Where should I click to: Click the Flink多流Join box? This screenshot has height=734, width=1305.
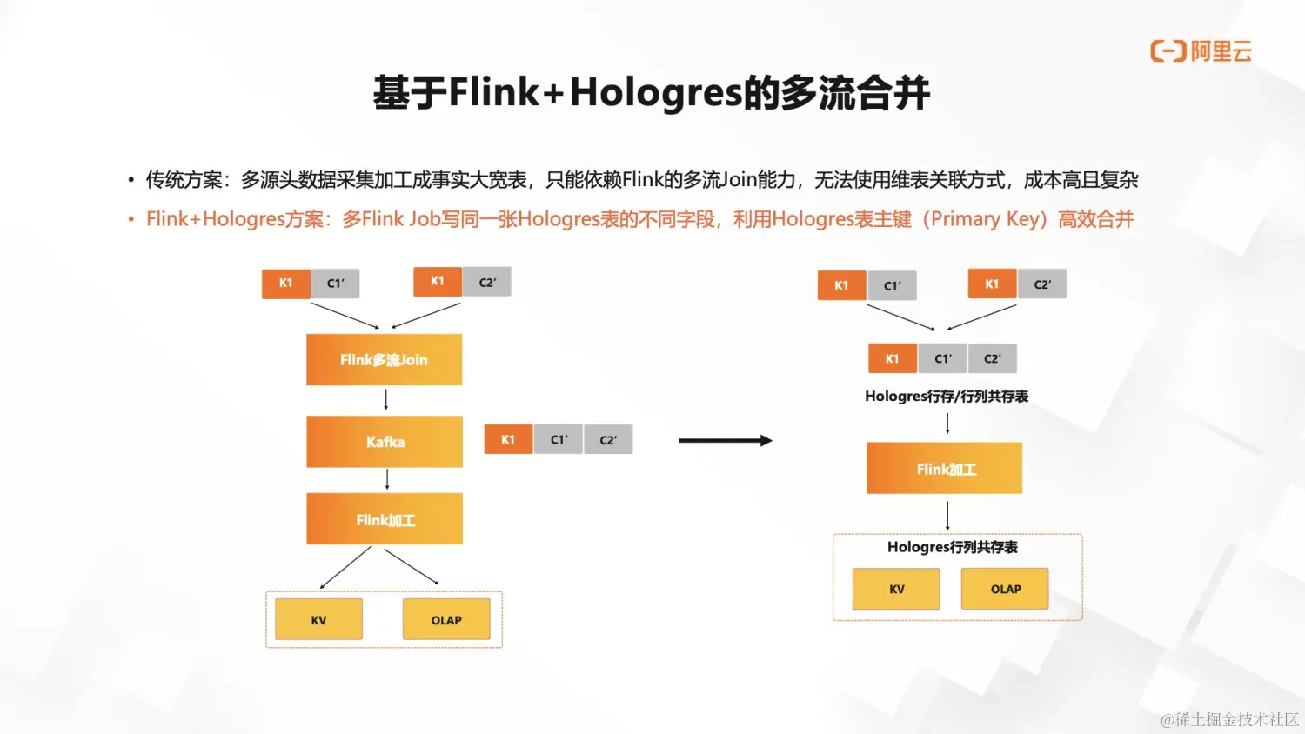(x=384, y=359)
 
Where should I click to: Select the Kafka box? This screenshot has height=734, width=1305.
(x=384, y=442)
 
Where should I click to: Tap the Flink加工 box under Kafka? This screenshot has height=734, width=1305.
(x=384, y=519)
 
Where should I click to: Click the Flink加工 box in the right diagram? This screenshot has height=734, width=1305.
(x=944, y=469)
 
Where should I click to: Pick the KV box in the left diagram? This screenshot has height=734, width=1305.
(x=318, y=620)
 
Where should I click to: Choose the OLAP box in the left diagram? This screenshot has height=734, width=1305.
(x=446, y=620)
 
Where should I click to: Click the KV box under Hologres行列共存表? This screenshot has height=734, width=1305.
(x=896, y=589)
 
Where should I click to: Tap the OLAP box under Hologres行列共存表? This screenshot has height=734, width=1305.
(x=1005, y=589)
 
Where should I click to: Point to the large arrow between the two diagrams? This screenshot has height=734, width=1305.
(x=725, y=441)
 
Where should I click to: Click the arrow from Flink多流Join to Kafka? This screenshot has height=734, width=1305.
(x=386, y=400)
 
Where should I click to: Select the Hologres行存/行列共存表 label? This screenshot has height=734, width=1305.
(x=947, y=397)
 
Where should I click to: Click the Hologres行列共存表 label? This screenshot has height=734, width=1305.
(x=952, y=547)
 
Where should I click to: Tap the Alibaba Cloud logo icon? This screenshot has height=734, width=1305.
(x=1168, y=51)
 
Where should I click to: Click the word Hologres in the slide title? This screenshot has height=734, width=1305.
(x=656, y=93)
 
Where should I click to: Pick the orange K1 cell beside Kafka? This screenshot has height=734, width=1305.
(x=508, y=440)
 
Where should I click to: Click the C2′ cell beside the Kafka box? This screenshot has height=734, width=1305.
(x=608, y=440)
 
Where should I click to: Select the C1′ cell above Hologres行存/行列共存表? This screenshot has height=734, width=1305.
(x=943, y=358)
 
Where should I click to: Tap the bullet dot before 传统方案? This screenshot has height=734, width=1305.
(x=130, y=181)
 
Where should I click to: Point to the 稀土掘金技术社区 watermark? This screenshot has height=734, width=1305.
(x=1229, y=719)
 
